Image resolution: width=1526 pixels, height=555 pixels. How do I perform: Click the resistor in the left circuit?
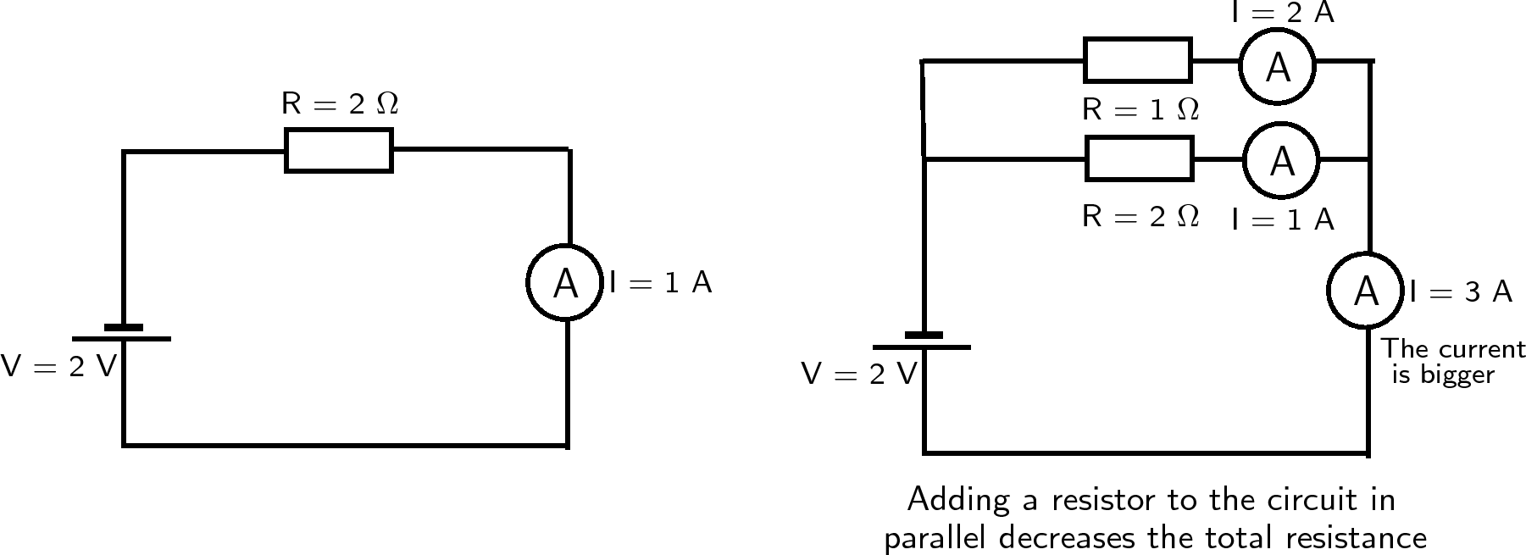[338, 150]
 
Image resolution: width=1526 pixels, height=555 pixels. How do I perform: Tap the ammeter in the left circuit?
[564, 283]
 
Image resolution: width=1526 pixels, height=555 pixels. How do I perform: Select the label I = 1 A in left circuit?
[660, 283]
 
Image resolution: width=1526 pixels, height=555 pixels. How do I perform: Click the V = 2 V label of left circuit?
[58, 366]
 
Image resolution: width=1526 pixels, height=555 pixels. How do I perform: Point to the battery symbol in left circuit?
[123, 333]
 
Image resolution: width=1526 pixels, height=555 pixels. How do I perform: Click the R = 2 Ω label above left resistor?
[339, 103]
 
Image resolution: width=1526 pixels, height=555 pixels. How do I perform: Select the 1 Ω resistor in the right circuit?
[1137, 60]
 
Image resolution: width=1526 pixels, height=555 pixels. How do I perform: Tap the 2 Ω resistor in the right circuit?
[1139, 158]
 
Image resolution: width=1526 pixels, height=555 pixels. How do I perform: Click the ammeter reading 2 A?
[1277, 65]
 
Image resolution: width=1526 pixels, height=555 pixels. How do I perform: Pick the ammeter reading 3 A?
[1365, 291]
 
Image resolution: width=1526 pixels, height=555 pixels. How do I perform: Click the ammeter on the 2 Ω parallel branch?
[1281, 159]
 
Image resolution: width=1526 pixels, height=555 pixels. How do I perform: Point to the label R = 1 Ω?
[1140, 109]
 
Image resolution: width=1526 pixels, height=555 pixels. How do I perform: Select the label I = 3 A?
[1461, 291]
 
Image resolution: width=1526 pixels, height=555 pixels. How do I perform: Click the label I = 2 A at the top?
[1283, 12]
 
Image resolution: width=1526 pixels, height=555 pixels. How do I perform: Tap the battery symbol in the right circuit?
[923, 341]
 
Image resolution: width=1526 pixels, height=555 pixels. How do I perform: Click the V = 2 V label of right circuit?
[859, 374]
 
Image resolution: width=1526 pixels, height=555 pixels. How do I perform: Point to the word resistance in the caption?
[1356, 538]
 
